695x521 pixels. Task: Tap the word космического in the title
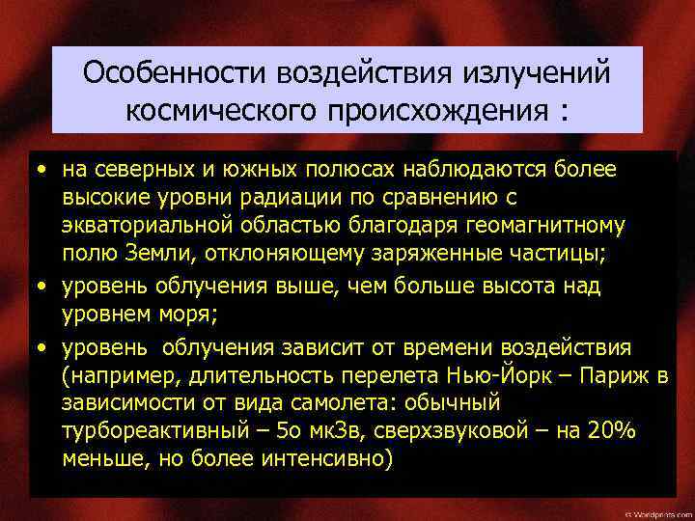[224, 110]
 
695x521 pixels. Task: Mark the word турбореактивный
[159, 431]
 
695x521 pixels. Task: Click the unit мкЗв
[359, 431]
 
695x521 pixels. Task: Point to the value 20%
[609, 431]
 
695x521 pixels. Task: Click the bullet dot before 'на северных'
[43, 172]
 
